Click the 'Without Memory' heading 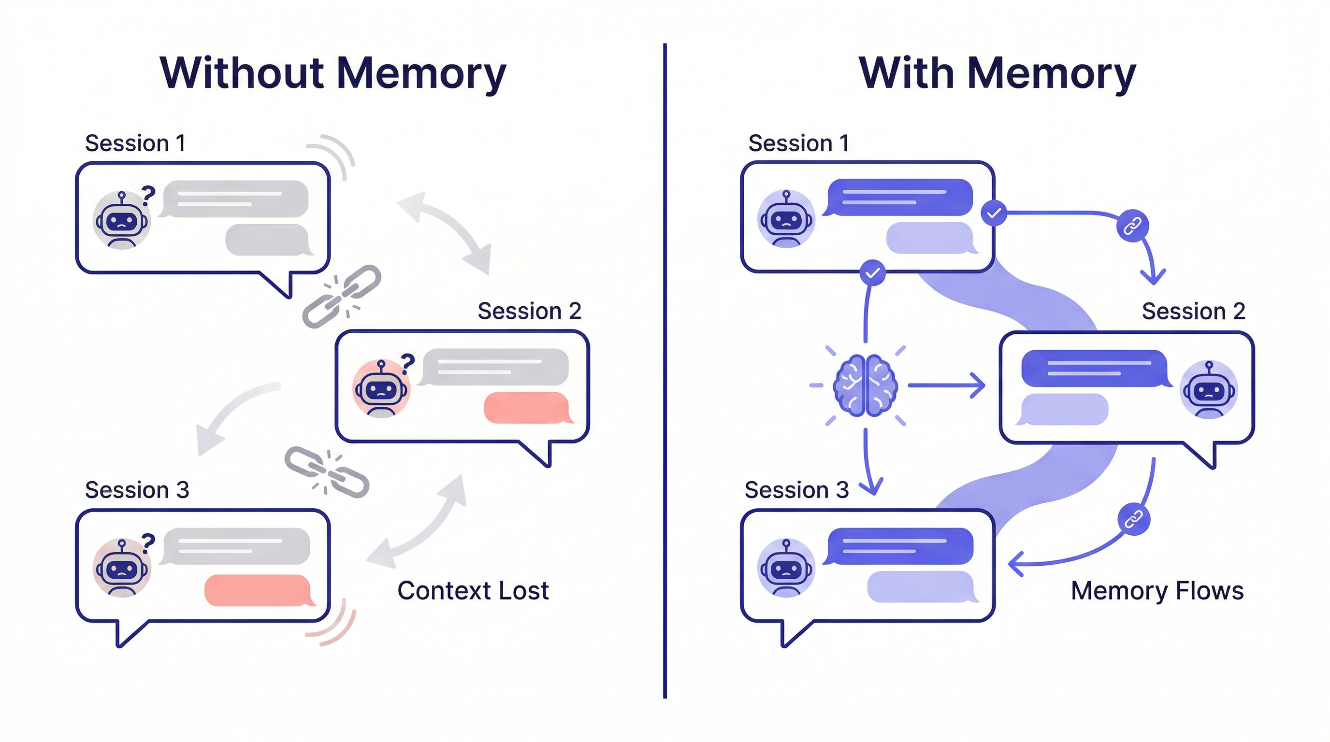pyautogui.click(x=333, y=74)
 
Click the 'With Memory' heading pyautogui.click(x=997, y=74)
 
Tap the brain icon pyautogui.click(x=866, y=385)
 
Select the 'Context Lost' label pyautogui.click(x=473, y=590)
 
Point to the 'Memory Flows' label pyautogui.click(x=1157, y=590)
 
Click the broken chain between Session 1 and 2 pyautogui.click(x=341, y=297)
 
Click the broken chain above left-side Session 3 pyautogui.click(x=327, y=472)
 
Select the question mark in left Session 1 pyautogui.click(x=148, y=195)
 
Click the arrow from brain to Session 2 pyautogui.click(x=946, y=385)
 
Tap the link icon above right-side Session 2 pyautogui.click(x=1132, y=226)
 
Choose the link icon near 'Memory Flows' pyautogui.click(x=1133, y=520)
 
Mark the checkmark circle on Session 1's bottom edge pyautogui.click(x=872, y=272)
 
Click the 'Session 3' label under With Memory pyautogui.click(x=796, y=490)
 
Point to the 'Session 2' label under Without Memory pyautogui.click(x=529, y=311)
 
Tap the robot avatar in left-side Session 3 pyautogui.click(x=122, y=568)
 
